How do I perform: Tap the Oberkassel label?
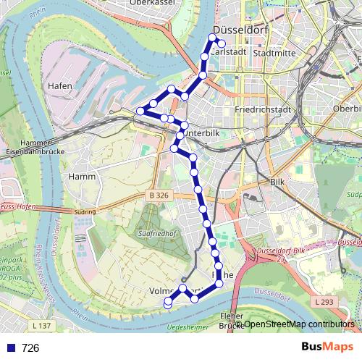pos(153,3)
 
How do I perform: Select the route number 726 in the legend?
pos(30,348)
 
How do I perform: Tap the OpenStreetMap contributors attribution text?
pos(298,324)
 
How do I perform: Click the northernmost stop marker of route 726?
pos(214,37)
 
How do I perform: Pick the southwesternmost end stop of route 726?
pos(167,303)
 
